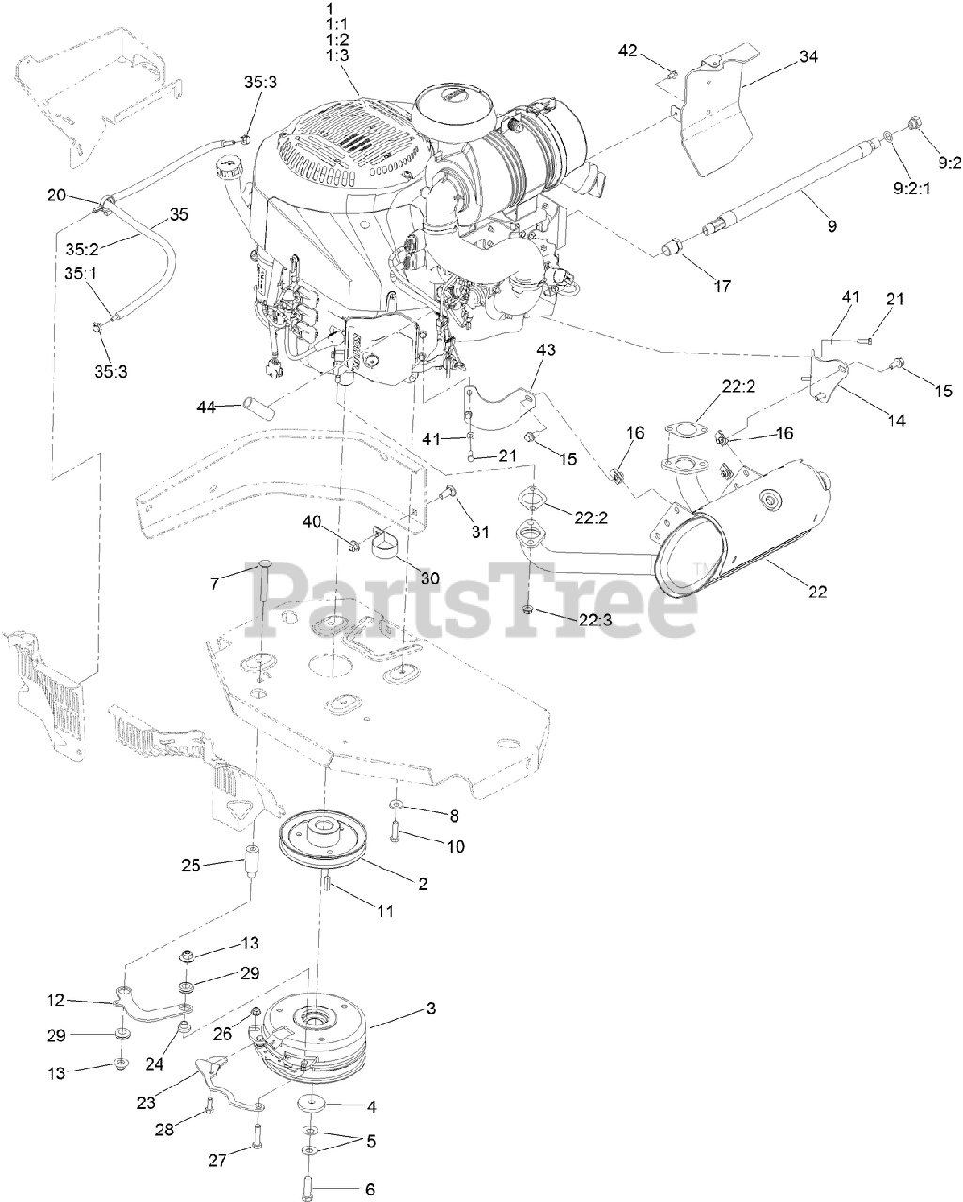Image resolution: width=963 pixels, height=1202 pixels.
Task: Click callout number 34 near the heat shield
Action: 808,57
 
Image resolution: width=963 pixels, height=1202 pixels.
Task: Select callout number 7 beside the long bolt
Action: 215,583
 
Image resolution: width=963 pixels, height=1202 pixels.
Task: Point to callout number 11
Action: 385,911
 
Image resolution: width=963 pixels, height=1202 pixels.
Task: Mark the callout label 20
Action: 56,194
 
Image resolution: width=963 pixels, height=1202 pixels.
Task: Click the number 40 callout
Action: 311,521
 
